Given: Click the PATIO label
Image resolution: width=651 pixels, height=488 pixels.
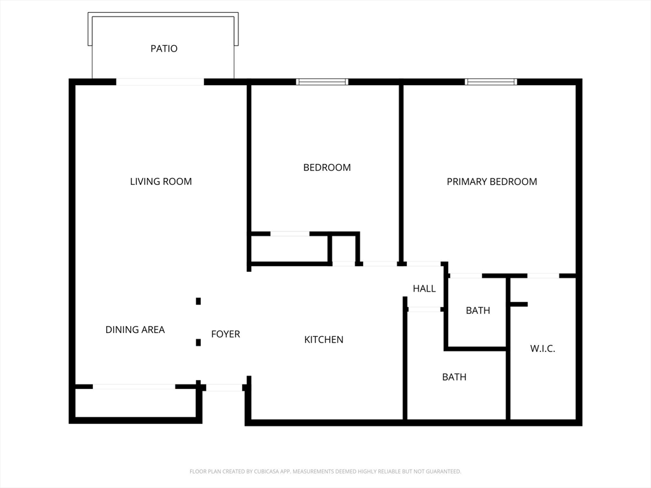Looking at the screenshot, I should (164, 48).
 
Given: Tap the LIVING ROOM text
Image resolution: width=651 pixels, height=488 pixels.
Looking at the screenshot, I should (161, 182).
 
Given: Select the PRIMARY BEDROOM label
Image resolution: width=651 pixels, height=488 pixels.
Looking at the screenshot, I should (491, 182).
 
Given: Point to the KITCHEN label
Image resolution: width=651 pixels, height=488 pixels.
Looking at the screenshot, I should (324, 340).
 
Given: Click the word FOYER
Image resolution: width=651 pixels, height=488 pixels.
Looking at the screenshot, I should (226, 334).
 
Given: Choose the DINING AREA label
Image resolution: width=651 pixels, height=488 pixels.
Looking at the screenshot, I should (135, 330).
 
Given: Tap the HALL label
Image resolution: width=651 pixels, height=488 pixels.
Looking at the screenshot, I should (424, 288).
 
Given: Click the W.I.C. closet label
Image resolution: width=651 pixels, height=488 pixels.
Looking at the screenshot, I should (542, 349).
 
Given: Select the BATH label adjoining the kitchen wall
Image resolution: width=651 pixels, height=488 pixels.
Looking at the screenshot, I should (454, 377).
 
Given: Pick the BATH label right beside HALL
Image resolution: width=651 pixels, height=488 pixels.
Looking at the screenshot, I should (477, 311).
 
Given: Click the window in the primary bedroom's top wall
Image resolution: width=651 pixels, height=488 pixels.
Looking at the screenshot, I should (491, 82).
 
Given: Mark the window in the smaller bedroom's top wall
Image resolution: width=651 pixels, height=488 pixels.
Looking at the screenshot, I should (322, 82).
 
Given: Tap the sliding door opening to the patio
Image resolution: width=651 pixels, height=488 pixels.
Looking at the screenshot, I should (160, 82).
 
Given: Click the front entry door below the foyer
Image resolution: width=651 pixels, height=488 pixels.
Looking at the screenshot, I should (224, 387).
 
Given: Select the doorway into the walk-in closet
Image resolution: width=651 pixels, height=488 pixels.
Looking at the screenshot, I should (543, 276).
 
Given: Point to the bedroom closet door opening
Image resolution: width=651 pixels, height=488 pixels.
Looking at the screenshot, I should (290, 234).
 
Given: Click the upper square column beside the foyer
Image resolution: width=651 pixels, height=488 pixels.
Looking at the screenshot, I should (198, 301).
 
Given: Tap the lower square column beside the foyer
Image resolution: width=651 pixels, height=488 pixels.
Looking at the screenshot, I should (198, 342).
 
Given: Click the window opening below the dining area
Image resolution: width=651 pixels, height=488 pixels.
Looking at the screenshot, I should (134, 386).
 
